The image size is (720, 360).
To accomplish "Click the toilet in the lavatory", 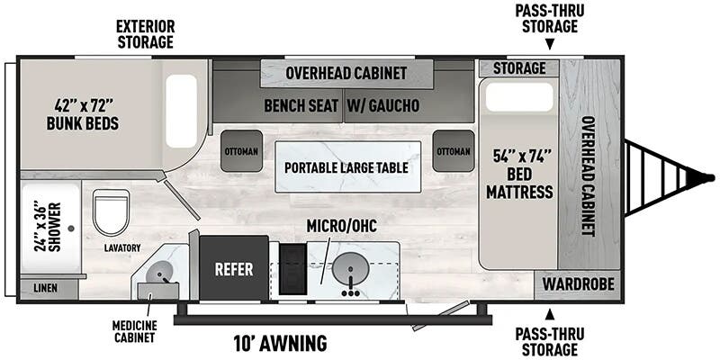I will (x=112, y=212).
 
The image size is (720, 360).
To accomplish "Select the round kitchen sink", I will (x=346, y=268).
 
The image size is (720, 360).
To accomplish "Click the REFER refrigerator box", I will (x=233, y=268).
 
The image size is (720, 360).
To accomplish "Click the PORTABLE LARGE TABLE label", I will (x=346, y=167).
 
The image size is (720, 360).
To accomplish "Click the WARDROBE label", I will (x=579, y=285).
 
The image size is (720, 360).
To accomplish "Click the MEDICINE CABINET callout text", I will (x=134, y=331).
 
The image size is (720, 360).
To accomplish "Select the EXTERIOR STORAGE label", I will (x=145, y=34).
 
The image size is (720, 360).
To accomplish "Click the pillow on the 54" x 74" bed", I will (x=519, y=98).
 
